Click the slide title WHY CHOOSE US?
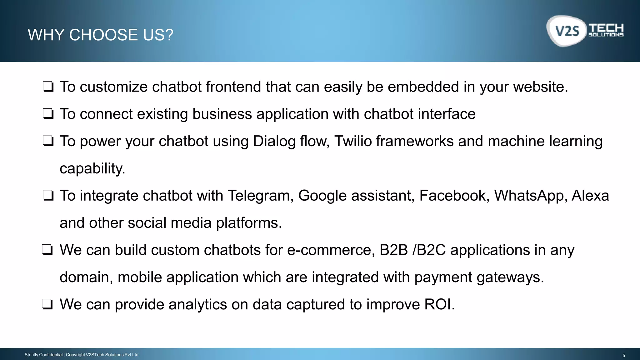pos(100,35)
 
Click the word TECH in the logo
pos(606,28)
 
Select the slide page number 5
pos(624,355)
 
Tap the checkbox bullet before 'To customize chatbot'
pos(48,87)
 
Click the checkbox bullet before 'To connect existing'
pos(48,114)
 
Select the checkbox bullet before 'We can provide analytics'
pos(47,304)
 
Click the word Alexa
pos(590,196)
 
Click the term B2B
pos(394,250)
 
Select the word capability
pos(92,169)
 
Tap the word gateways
pos(510,277)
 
